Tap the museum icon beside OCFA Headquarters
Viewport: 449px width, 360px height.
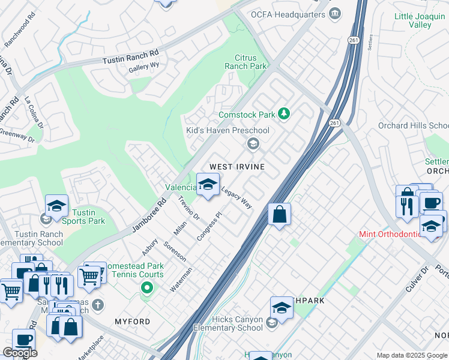point(336,13)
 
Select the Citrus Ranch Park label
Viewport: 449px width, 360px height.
point(246,62)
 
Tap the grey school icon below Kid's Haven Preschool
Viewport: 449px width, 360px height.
point(253,143)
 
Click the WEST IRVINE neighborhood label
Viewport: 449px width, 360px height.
point(237,166)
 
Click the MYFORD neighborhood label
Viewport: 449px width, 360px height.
point(133,322)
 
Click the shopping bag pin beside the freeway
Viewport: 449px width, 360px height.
point(280,215)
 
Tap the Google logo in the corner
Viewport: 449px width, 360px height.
point(20,353)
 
